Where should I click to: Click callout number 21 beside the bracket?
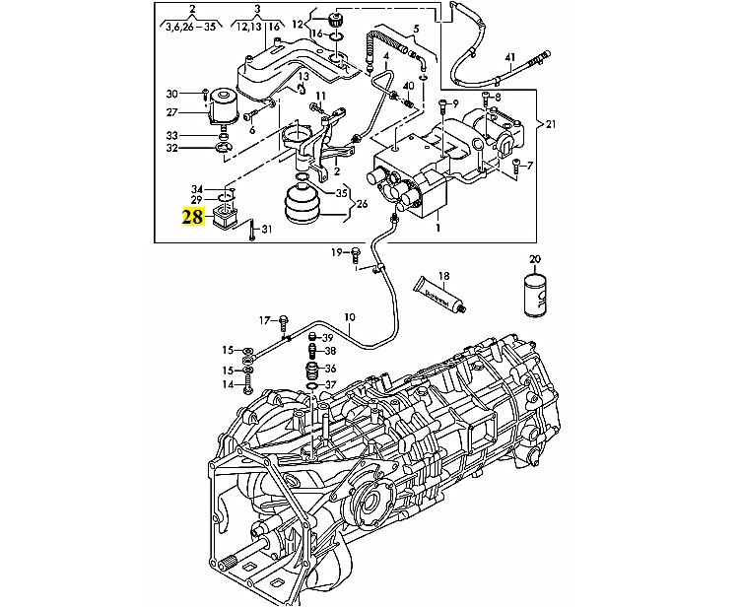551,125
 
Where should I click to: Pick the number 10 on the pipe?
349,317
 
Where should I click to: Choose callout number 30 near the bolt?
171,94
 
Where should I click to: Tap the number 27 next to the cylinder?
171,113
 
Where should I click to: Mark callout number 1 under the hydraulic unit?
437,228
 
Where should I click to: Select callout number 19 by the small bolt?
336,253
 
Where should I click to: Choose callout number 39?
329,337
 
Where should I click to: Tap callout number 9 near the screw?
456,102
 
